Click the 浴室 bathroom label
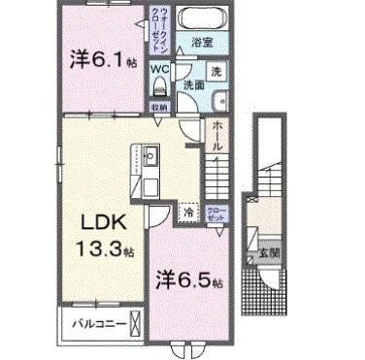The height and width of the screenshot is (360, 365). pos(201,44)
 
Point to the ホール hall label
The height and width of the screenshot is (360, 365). pos(216,137)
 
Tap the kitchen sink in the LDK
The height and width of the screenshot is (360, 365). pos(151,155)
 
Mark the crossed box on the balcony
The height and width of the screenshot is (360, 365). pos(135,323)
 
